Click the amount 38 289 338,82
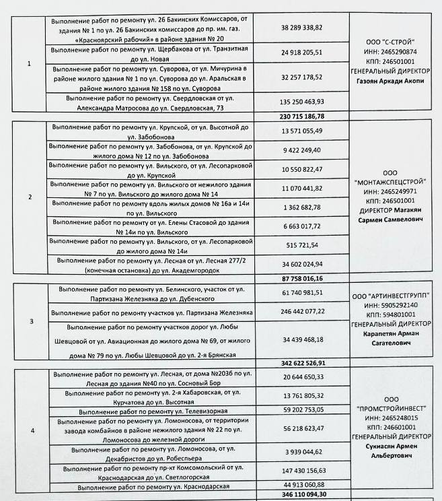(x=301, y=28)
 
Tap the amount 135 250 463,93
(x=301, y=102)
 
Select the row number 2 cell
(x=30, y=197)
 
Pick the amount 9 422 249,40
(x=301, y=149)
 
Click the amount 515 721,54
(x=301, y=245)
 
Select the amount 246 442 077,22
(x=301, y=312)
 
